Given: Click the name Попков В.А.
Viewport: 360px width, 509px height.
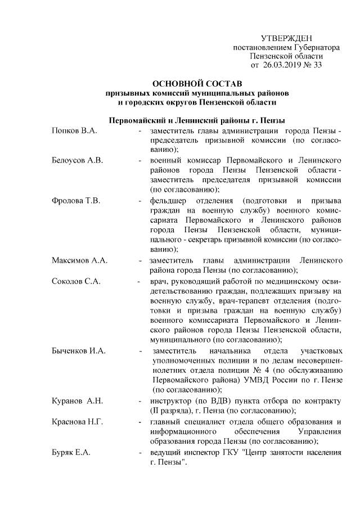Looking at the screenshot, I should coord(74,130).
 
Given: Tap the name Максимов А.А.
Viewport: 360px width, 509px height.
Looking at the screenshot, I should coord(79,260).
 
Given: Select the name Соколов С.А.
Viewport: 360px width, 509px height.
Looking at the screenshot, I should coord(76,281).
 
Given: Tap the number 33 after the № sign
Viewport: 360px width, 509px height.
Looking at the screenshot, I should coord(318,65).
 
